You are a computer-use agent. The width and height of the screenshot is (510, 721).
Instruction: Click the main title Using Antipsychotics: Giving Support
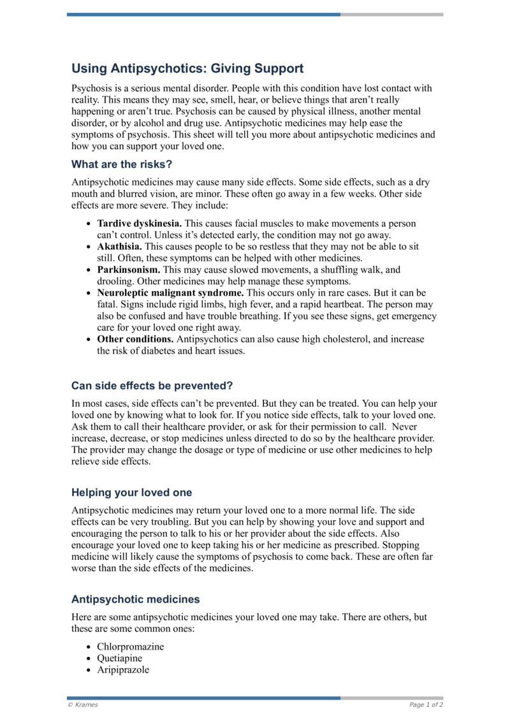point(187,68)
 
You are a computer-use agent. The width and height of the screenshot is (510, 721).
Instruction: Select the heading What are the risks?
point(122,164)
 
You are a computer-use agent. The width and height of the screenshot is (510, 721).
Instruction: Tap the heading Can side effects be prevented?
point(152,386)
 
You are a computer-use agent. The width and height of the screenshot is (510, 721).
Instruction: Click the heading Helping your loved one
point(131,493)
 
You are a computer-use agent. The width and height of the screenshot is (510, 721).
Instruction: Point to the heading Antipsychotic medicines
point(135,599)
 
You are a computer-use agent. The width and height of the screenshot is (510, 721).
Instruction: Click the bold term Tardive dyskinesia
point(139,224)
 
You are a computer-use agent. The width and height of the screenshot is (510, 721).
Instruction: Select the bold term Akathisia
point(120,247)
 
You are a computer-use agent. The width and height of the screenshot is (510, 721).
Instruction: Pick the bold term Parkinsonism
point(127,270)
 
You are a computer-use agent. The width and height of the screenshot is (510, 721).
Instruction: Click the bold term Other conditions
point(135,340)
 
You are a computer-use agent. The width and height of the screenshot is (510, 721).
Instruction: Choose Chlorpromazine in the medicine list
point(130,646)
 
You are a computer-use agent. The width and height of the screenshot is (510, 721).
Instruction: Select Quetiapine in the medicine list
point(119,658)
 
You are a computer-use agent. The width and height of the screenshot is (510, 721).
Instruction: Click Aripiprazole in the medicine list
point(122,669)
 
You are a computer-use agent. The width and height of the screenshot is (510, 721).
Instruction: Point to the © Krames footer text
point(83,705)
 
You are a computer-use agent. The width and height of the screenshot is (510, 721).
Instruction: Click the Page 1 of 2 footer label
point(426,705)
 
